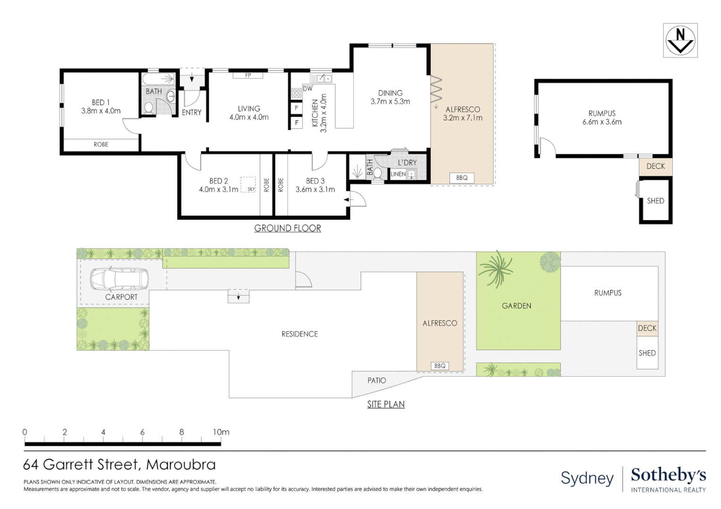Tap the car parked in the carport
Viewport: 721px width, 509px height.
click(x=119, y=278)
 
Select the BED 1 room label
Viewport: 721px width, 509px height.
click(x=101, y=103)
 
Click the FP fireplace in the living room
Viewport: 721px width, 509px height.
click(x=248, y=75)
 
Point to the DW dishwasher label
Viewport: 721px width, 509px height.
click(x=308, y=89)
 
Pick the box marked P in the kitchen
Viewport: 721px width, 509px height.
click(x=296, y=108)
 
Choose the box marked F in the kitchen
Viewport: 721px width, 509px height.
click(x=296, y=123)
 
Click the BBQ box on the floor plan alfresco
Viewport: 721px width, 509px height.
click(x=461, y=178)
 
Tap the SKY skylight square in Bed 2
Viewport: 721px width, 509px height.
click(x=248, y=185)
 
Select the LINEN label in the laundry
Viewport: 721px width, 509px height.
click(x=398, y=174)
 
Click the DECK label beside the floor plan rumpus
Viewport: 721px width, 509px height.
click(x=656, y=166)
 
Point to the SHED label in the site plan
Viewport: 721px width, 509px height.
click(x=647, y=353)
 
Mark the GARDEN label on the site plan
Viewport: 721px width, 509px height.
click(x=516, y=306)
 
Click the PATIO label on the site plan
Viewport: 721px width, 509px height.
click(x=377, y=380)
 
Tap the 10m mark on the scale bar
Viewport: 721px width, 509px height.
click(x=221, y=432)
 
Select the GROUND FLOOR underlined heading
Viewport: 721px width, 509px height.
click(x=287, y=228)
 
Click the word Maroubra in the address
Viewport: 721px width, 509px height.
click(x=181, y=465)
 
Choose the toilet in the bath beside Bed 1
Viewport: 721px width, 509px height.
click(x=148, y=108)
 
